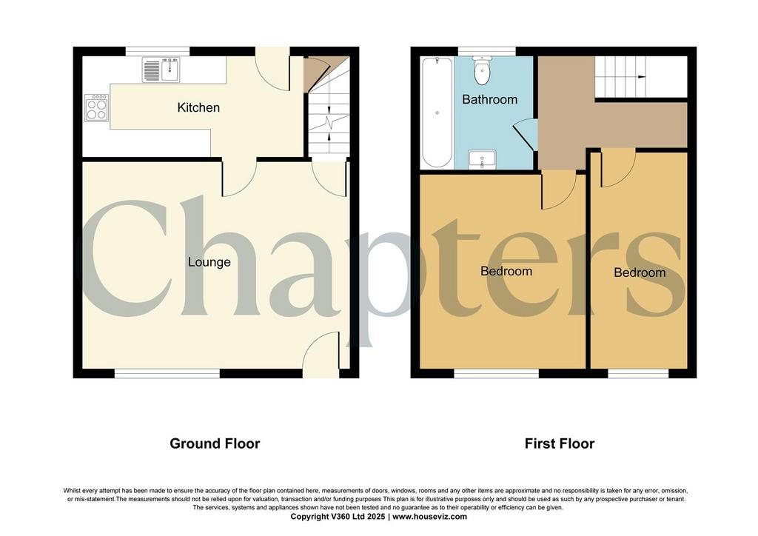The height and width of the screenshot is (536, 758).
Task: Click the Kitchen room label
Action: (x=198, y=107)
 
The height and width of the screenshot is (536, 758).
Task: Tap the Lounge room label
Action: (x=209, y=262)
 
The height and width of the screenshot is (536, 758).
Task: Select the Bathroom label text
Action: (x=490, y=99)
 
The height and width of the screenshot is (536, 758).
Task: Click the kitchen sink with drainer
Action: (x=161, y=69)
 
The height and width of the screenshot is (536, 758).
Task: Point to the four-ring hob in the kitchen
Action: (x=97, y=107)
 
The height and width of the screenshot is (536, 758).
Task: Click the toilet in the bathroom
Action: (x=482, y=70)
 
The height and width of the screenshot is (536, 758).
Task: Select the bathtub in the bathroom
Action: (x=437, y=113)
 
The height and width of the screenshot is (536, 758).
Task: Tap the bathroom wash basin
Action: (x=482, y=159)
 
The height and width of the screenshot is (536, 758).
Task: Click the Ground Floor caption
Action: (x=215, y=443)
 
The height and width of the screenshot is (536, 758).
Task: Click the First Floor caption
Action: (x=560, y=443)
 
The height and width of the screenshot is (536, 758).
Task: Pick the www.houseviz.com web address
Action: (x=430, y=517)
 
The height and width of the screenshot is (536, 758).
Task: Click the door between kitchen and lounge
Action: (x=239, y=178)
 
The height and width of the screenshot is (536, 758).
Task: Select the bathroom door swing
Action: (x=525, y=135)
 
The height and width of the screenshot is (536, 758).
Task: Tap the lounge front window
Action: (x=167, y=373)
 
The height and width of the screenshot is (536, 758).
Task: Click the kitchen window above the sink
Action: (x=158, y=51)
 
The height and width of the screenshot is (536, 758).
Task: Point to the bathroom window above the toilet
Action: (x=487, y=51)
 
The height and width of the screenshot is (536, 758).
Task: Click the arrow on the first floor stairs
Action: (x=641, y=77)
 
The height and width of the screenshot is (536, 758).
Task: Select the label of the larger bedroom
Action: (x=506, y=271)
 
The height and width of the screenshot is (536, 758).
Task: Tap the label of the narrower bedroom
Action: (x=640, y=272)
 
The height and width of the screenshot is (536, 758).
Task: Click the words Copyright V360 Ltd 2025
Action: (x=338, y=517)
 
